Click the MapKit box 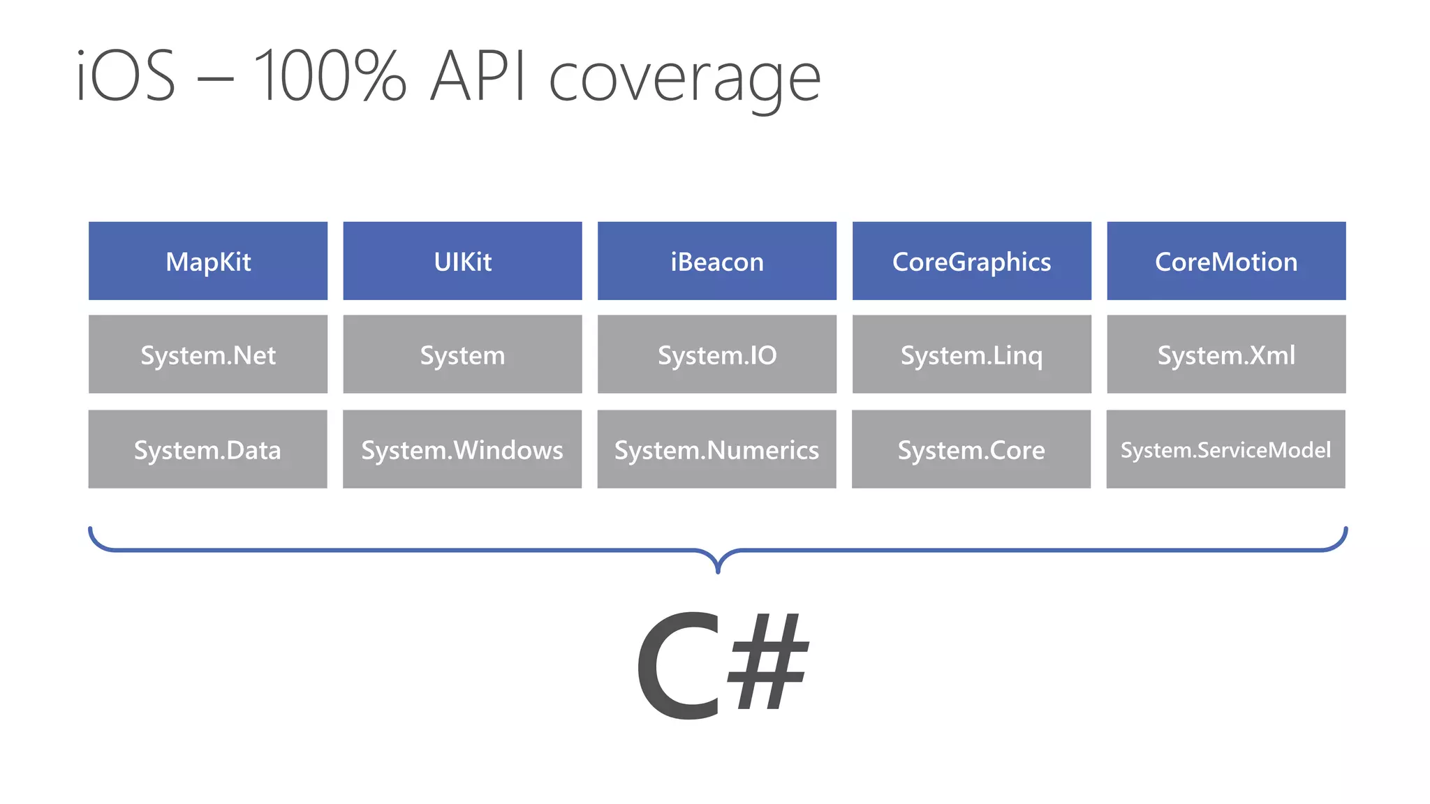(x=208, y=261)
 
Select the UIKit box (x=462, y=261)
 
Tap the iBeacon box (x=717, y=261)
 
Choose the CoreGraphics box (x=971, y=261)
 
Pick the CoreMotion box (x=1226, y=261)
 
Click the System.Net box (x=208, y=355)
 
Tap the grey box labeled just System (x=462, y=355)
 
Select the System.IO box (x=717, y=355)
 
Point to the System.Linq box (x=971, y=355)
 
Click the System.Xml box (x=1226, y=355)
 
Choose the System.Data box (x=207, y=449)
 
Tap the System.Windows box (x=462, y=449)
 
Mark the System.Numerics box (x=716, y=449)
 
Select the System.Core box (x=971, y=449)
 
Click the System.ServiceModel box (x=1225, y=449)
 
